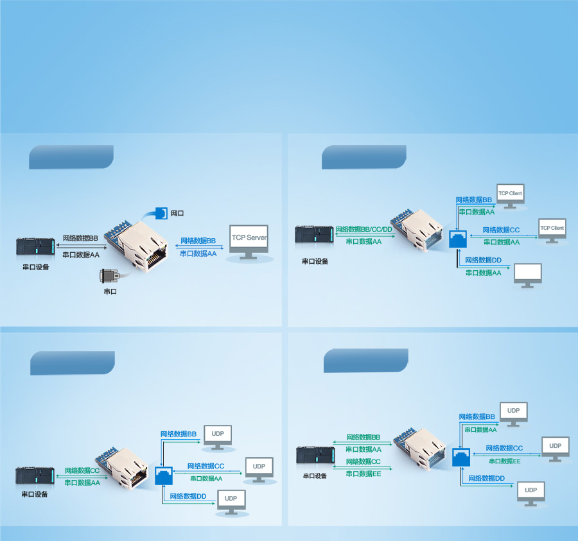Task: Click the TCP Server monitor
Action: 249,241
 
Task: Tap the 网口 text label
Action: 177,213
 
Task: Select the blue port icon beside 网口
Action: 158,213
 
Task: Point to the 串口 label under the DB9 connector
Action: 110,291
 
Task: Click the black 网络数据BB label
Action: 80,238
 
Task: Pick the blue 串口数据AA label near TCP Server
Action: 198,253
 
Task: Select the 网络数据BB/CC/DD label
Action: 363,229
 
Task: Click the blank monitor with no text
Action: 528,275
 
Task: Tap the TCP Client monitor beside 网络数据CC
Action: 552,230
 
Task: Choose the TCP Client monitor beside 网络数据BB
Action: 511,196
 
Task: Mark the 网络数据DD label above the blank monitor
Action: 483,260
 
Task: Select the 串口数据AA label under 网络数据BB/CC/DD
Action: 363,241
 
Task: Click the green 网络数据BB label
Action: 363,437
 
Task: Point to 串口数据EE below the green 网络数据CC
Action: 363,474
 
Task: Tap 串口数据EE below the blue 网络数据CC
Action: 504,461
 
